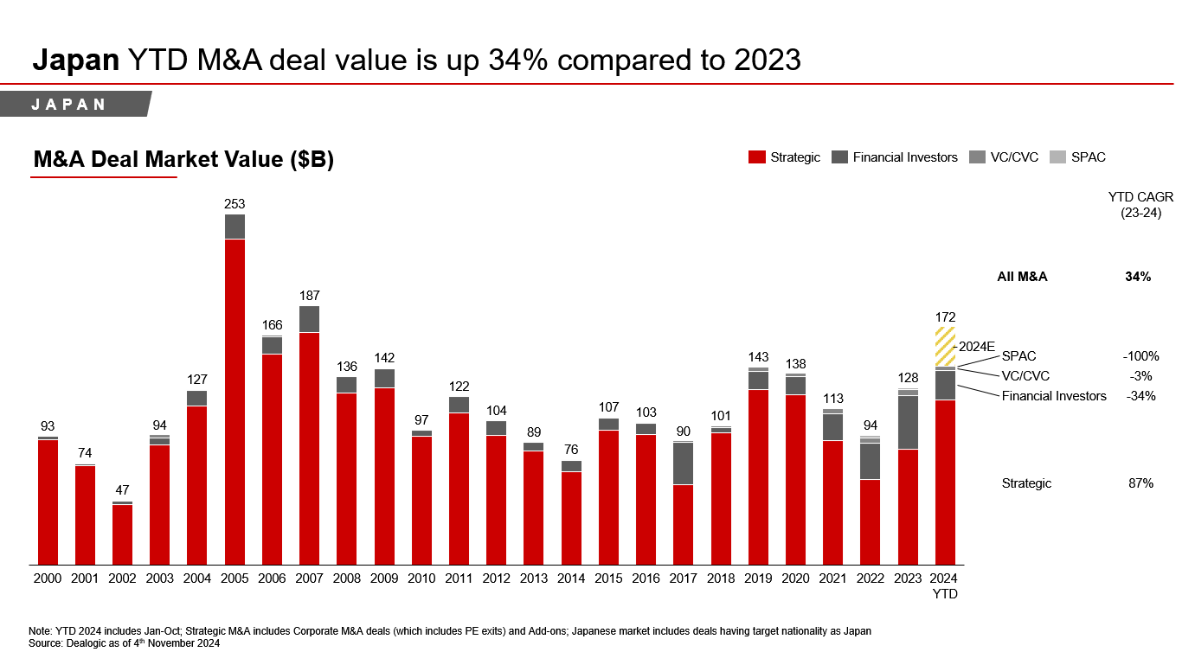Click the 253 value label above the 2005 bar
(x=235, y=204)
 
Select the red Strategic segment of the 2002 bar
(x=122, y=534)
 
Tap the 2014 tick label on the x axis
(x=571, y=578)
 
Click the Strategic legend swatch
(x=756, y=157)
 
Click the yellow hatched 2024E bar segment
(x=945, y=346)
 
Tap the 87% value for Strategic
(x=1140, y=483)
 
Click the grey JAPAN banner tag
(x=74, y=104)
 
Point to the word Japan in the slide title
(x=75, y=60)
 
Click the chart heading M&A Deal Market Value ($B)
(x=183, y=160)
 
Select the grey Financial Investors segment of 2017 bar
(x=683, y=463)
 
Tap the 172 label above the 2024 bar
(x=945, y=317)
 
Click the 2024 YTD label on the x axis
(x=945, y=585)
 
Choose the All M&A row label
(x=1022, y=277)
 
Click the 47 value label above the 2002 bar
(x=122, y=489)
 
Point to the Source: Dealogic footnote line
(x=124, y=643)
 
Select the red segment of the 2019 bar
(x=758, y=476)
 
